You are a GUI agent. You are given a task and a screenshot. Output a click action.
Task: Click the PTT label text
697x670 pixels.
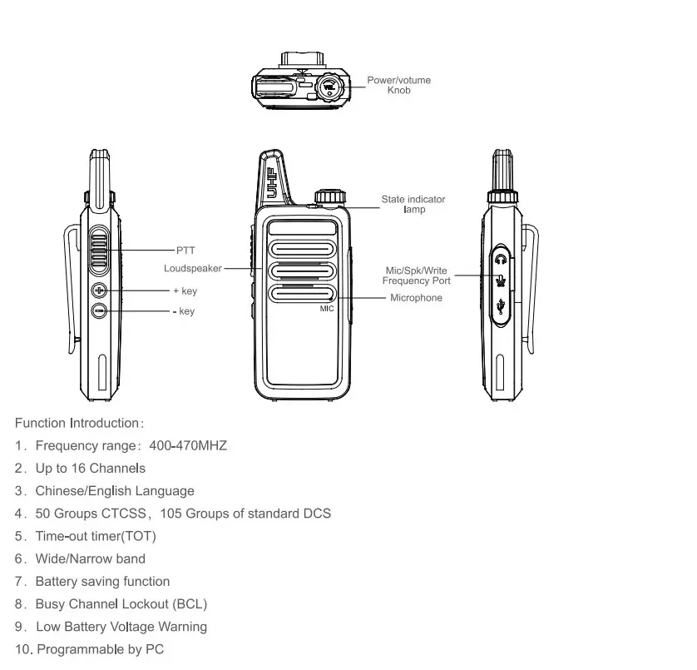pyautogui.click(x=185, y=249)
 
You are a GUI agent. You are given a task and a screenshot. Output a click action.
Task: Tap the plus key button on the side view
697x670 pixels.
pyautogui.click(x=99, y=290)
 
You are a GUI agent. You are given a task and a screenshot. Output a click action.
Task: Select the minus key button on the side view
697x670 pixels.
pyautogui.click(x=99, y=310)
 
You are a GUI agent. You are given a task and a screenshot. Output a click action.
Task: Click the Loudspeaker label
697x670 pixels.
pyautogui.click(x=193, y=269)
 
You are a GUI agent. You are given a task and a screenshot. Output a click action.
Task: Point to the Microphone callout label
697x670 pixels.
pyautogui.click(x=416, y=298)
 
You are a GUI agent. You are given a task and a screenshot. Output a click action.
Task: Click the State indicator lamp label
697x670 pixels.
pyautogui.click(x=413, y=204)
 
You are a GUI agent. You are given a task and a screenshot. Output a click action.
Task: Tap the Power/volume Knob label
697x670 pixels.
pyautogui.click(x=398, y=85)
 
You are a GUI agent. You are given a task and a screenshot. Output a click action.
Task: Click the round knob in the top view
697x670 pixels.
pyautogui.click(x=331, y=87)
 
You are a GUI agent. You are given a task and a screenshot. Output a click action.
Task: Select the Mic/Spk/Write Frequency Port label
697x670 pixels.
pyautogui.click(x=417, y=275)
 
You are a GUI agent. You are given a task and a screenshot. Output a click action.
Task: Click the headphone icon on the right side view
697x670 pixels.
pyautogui.click(x=500, y=259)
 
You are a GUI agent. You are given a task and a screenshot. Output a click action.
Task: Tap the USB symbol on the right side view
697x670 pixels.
pyautogui.click(x=500, y=307)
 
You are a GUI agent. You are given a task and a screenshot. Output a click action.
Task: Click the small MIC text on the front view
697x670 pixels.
pyautogui.click(x=326, y=309)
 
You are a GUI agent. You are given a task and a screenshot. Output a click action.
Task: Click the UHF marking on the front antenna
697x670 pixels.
pyautogui.click(x=271, y=181)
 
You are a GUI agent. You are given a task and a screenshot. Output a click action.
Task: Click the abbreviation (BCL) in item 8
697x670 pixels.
pyautogui.click(x=190, y=604)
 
